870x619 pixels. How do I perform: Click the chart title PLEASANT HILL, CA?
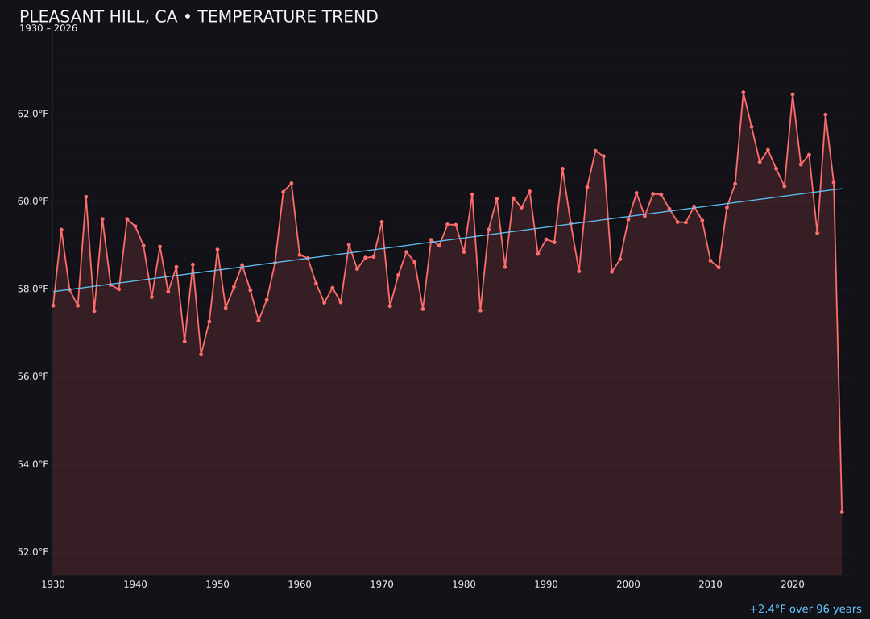(x=198, y=17)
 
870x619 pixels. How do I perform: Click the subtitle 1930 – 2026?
(x=48, y=29)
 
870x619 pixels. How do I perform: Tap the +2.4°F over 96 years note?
(x=805, y=609)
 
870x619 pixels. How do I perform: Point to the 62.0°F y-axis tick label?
(x=33, y=114)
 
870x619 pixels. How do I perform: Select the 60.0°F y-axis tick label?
(x=33, y=201)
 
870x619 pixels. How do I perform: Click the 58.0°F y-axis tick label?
(x=33, y=289)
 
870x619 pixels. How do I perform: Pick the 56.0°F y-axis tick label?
(x=33, y=376)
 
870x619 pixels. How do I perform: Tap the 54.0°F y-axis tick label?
(x=33, y=464)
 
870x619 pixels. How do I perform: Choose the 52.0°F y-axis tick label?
(x=33, y=552)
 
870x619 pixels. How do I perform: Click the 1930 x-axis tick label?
(x=53, y=584)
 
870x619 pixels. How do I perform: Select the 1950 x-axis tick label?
(x=217, y=584)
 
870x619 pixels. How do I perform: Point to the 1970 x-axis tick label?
(x=382, y=584)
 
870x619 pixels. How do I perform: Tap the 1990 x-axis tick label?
(x=546, y=584)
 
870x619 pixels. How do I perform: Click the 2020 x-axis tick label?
(x=793, y=584)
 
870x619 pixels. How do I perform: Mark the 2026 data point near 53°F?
(x=842, y=512)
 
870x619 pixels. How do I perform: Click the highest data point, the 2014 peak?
(x=744, y=93)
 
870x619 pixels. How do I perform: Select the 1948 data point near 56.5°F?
(x=201, y=354)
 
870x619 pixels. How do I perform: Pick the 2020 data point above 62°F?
(x=793, y=94)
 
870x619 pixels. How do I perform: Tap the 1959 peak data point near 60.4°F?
(x=292, y=183)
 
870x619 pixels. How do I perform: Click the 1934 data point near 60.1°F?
(x=86, y=197)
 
